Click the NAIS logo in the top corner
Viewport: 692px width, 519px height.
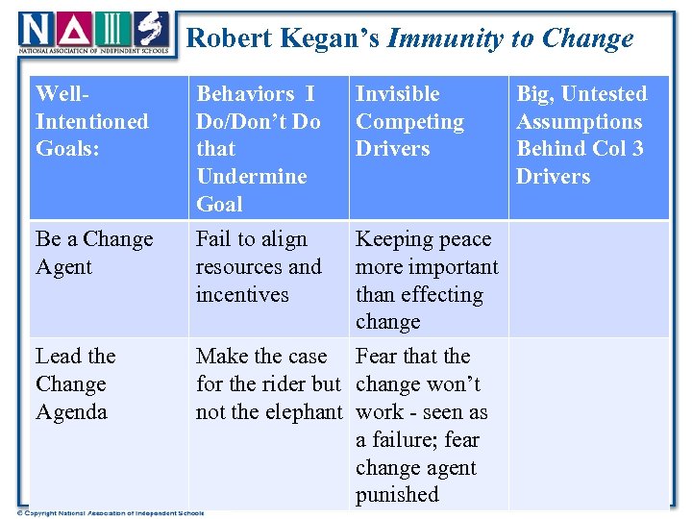tap(94, 32)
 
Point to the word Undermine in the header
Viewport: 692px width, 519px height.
tap(252, 177)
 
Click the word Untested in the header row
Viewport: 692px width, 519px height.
tap(604, 94)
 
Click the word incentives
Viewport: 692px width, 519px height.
tap(242, 295)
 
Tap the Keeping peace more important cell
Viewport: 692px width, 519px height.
tap(427, 280)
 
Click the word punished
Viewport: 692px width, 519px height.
tap(397, 495)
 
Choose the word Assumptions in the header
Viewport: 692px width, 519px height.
tap(579, 122)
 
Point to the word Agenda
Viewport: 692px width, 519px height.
tap(71, 411)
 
